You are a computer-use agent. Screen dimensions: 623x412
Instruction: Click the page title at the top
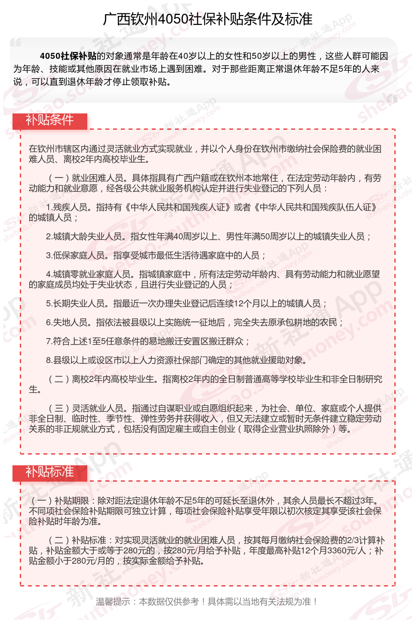coord(207,19)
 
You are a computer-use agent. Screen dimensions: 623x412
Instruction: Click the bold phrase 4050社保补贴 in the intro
coord(68,56)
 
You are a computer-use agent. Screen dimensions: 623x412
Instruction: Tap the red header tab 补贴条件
coord(49,120)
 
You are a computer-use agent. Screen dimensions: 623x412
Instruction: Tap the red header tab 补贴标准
coord(49,472)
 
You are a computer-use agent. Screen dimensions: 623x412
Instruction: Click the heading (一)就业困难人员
coord(86,178)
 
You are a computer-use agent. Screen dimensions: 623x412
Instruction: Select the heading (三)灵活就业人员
coord(86,408)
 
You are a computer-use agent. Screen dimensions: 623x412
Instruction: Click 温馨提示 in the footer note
coord(113,602)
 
